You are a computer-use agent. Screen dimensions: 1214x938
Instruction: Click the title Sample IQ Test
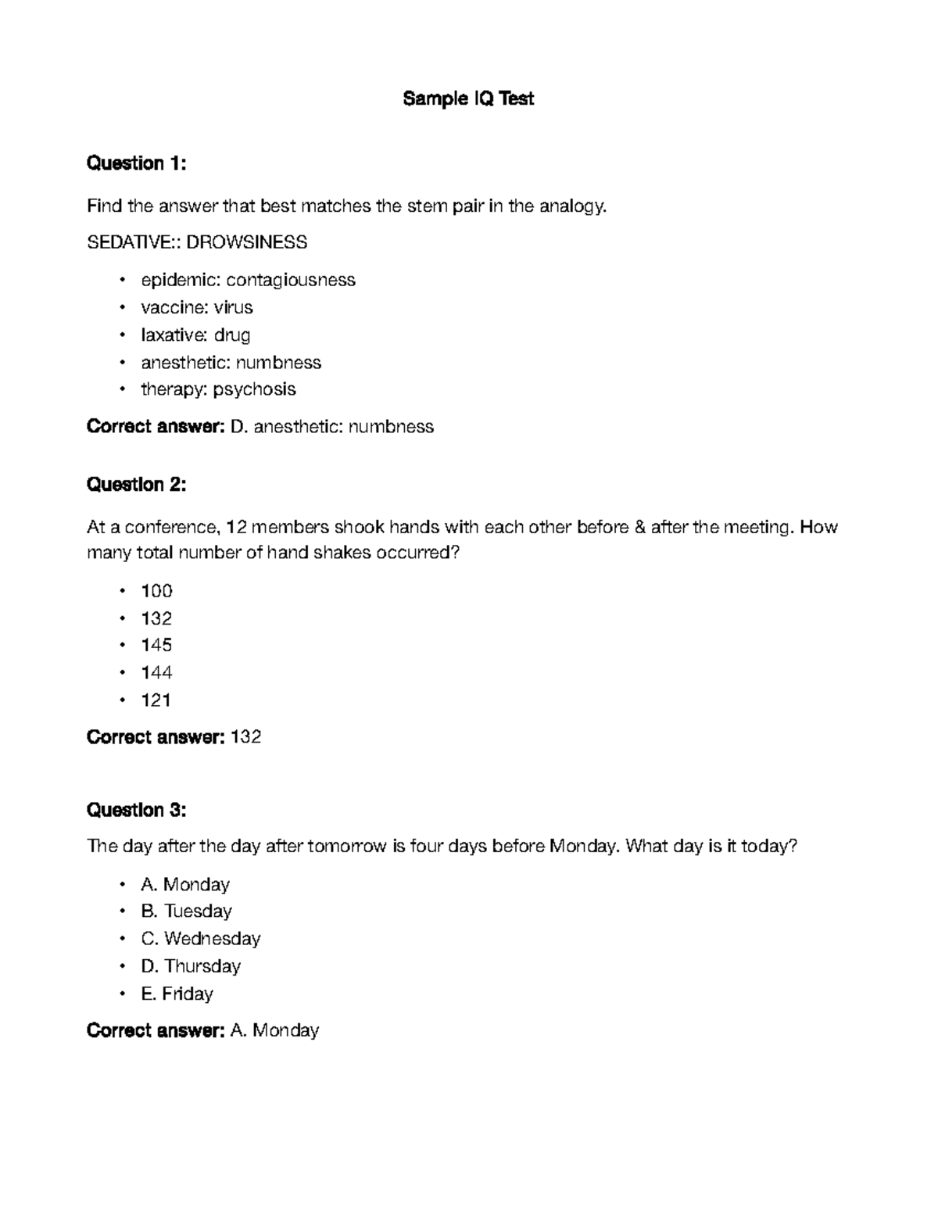(x=468, y=98)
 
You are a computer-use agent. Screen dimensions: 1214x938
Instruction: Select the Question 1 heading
(x=136, y=163)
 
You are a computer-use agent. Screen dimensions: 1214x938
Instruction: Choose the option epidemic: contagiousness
(x=248, y=280)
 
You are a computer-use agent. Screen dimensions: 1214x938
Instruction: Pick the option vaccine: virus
(x=196, y=307)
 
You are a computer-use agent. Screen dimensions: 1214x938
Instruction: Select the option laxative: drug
(x=195, y=335)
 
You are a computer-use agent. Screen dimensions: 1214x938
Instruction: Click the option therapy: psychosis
(x=218, y=389)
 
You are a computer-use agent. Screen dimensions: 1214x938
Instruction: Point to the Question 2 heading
(x=136, y=485)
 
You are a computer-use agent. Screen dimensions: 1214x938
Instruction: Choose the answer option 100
(x=156, y=591)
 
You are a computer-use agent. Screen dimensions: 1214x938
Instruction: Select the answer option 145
(x=156, y=645)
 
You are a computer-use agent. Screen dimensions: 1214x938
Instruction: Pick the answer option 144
(x=156, y=672)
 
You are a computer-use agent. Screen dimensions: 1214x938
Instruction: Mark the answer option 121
(x=156, y=700)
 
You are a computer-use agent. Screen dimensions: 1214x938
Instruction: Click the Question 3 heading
(x=136, y=810)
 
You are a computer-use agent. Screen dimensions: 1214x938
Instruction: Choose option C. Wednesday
(x=200, y=938)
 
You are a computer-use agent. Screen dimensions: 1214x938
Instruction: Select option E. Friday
(x=177, y=994)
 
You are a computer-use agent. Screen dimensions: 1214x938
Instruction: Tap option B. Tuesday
(x=186, y=911)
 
